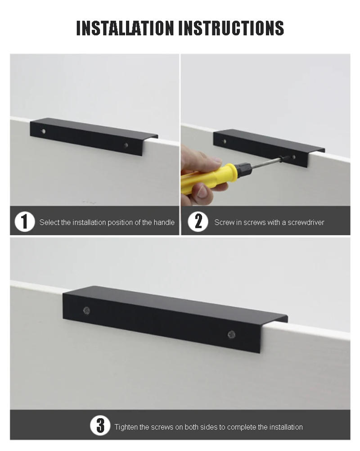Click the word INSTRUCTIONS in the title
[231, 28]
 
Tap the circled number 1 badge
[24, 222]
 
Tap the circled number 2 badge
[198, 222]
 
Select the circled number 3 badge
[100, 426]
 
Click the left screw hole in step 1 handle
[43, 131]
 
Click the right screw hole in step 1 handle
[126, 145]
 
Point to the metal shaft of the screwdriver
[265, 162]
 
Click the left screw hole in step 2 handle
[224, 141]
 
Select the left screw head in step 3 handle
[86, 310]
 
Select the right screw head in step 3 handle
[231, 334]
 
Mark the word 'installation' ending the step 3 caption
[286, 427]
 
